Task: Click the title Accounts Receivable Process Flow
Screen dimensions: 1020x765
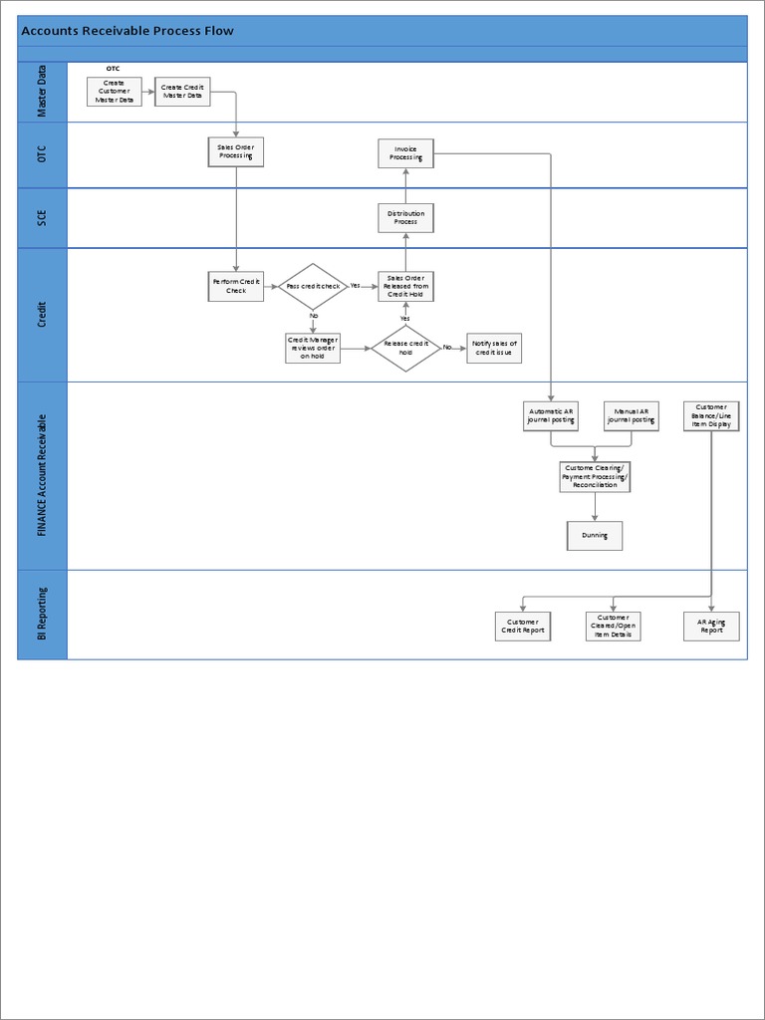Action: [x=127, y=31]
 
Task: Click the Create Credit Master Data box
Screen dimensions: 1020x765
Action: [x=182, y=92]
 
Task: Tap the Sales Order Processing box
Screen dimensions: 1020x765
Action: [x=236, y=152]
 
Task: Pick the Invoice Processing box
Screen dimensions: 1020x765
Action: [x=405, y=153]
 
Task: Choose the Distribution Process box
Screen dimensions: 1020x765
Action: [x=405, y=217]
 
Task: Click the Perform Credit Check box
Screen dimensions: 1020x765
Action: [x=236, y=286]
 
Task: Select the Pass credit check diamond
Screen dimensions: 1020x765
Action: [x=313, y=287]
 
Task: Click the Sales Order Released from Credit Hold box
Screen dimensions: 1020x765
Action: [x=405, y=286]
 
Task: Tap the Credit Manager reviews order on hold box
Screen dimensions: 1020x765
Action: [x=313, y=348]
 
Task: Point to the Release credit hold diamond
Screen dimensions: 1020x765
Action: [x=405, y=348]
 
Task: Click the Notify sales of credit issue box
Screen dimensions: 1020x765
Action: [x=494, y=348]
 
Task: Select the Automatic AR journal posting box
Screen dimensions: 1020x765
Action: [x=551, y=415]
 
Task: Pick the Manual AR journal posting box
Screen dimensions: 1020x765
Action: [x=632, y=415]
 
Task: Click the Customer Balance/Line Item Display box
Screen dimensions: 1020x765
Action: [x=711, y=415]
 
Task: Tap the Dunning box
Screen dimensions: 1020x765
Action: [x=595, y=535]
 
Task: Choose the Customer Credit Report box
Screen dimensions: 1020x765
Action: [x=523, y=626]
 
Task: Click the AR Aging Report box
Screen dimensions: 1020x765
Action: [x=711, y=626]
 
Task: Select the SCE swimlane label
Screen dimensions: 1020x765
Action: [x=42, y=218]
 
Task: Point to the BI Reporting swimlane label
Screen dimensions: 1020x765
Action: [x=42, y=614]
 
